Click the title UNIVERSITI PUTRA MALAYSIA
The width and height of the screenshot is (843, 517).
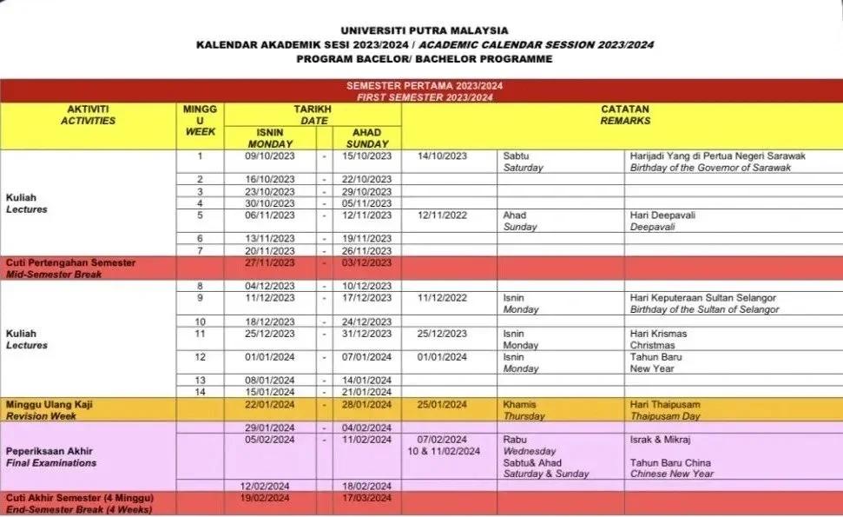[425, 30]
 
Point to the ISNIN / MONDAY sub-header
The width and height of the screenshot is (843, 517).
[270, 138]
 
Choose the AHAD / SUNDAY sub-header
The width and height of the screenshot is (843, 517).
[367, 138]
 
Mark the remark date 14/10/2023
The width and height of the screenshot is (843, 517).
[442, 156]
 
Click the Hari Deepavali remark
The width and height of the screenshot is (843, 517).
[664, 215]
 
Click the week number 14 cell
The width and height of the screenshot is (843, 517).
[200, 392]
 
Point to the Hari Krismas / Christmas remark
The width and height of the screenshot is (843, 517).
[658, 339]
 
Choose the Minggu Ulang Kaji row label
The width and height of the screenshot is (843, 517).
[49, 405]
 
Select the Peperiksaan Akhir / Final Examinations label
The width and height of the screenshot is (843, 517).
[52, 457]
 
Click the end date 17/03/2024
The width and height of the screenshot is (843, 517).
[367, 498]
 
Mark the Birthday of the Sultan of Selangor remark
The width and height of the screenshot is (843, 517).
[704, 310]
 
